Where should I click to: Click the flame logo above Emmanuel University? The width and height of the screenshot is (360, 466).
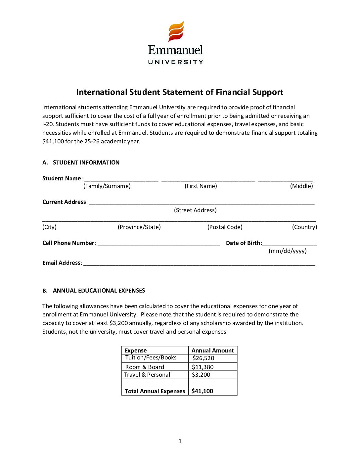coord(176,32)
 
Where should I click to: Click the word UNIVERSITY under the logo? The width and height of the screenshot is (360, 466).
coord(175,62)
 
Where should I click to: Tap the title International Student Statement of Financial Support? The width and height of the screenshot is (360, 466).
coord(180,92)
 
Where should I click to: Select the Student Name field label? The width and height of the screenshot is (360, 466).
coord(62,178)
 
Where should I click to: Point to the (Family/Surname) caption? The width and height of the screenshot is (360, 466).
coord(107,186)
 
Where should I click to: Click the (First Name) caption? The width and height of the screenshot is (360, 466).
coord(201,186)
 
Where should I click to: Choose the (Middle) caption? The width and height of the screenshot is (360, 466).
coord(301,186)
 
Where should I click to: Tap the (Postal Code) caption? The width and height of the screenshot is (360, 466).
coord(225,227)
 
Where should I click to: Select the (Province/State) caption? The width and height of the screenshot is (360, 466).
coord(139,227)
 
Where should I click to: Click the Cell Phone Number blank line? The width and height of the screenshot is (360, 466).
coord(158,244)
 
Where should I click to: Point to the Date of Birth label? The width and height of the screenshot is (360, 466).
coord(243,243)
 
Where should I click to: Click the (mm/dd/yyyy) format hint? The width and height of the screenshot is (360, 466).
coord(288,251)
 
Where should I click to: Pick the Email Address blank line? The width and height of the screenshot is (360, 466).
coord(199,264)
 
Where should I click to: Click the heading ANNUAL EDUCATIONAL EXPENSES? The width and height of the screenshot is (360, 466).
coord(99,291)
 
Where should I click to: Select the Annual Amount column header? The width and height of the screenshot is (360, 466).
coord(212,350)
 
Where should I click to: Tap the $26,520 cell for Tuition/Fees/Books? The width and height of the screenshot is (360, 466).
coord(203,358)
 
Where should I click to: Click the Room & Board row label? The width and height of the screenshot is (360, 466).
coord(145,367)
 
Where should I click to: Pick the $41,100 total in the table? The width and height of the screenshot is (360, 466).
coord(202,391)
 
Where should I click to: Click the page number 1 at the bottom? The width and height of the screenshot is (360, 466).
coord(180,441)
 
